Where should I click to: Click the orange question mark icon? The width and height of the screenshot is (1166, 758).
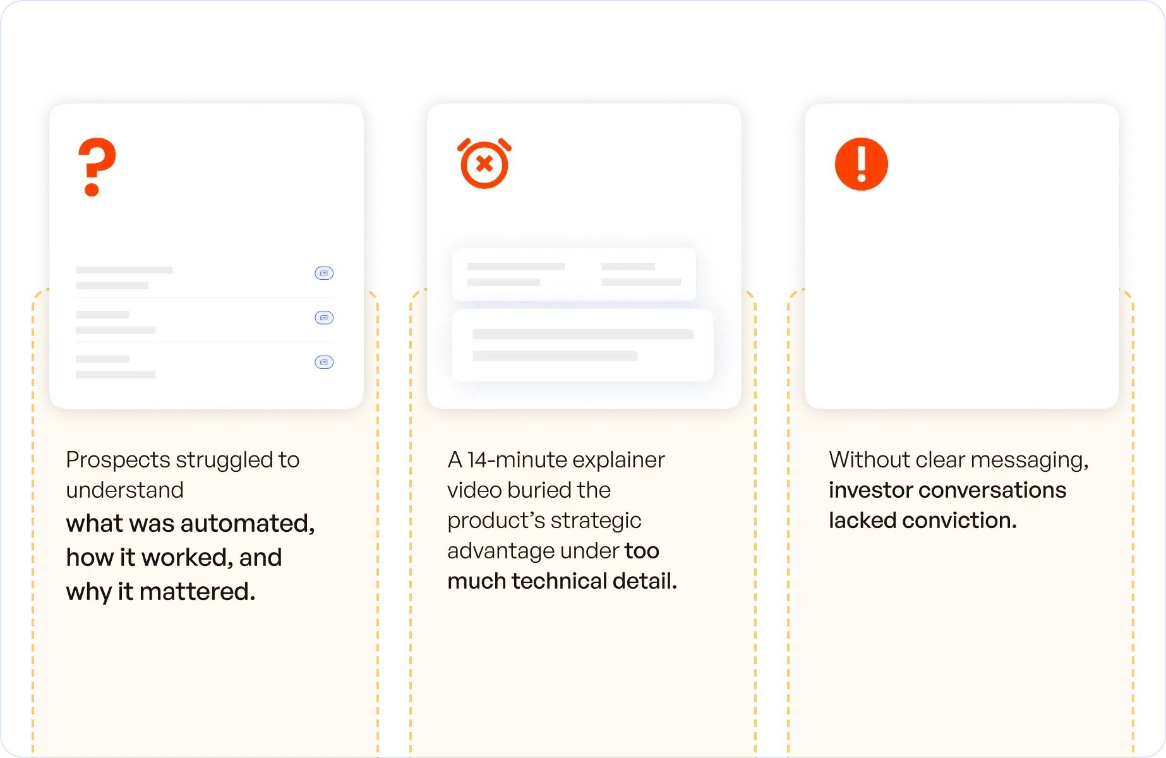(x=97, y=167)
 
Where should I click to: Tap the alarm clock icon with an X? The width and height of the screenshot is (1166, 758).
(x=484, y=164)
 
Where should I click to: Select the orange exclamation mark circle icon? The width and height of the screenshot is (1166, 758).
(x=861, y=164)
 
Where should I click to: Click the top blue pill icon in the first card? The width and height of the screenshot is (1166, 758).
(x=324, y=273)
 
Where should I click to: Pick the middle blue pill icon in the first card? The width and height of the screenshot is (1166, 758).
(x=324, y=317)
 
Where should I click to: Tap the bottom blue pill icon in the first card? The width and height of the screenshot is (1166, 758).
(x=324, y=362)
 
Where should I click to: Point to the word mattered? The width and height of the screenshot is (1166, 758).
(x=197, y=592)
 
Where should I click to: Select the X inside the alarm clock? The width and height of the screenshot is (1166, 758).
(x=484, y=164)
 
